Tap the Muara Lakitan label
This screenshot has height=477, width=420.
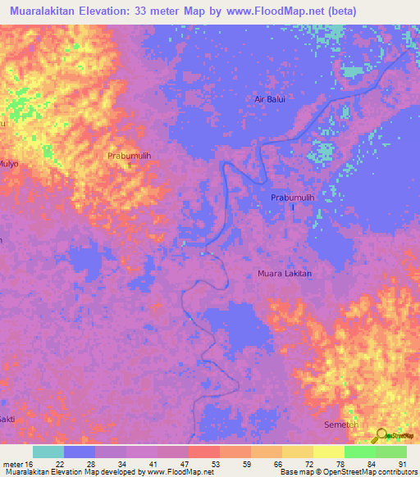(x=285, y=274)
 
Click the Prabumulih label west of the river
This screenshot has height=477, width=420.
(x=129, y=155)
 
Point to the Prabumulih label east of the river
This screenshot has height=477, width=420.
(x=293, y=198)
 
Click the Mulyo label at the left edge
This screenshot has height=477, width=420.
(x=9, y=163)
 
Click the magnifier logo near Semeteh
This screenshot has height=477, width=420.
(x=381, y=437)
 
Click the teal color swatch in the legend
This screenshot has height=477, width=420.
(x=48, y=452)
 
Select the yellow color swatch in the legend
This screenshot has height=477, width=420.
(x=329, y=452)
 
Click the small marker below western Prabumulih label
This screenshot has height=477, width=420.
(x=129, y=164)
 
